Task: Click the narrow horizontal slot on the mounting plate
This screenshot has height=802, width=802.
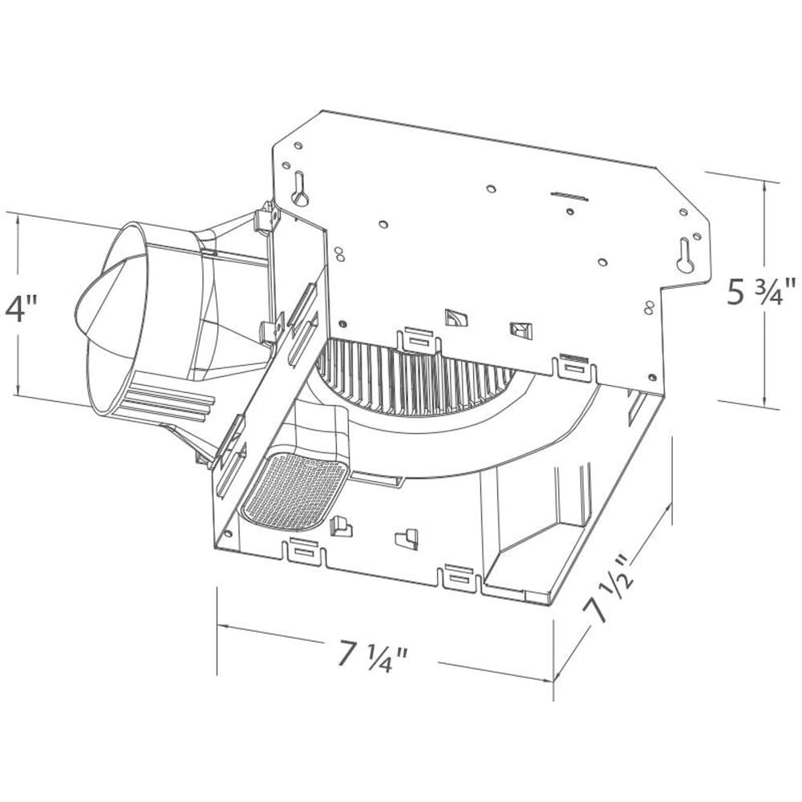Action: click(570, 195)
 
